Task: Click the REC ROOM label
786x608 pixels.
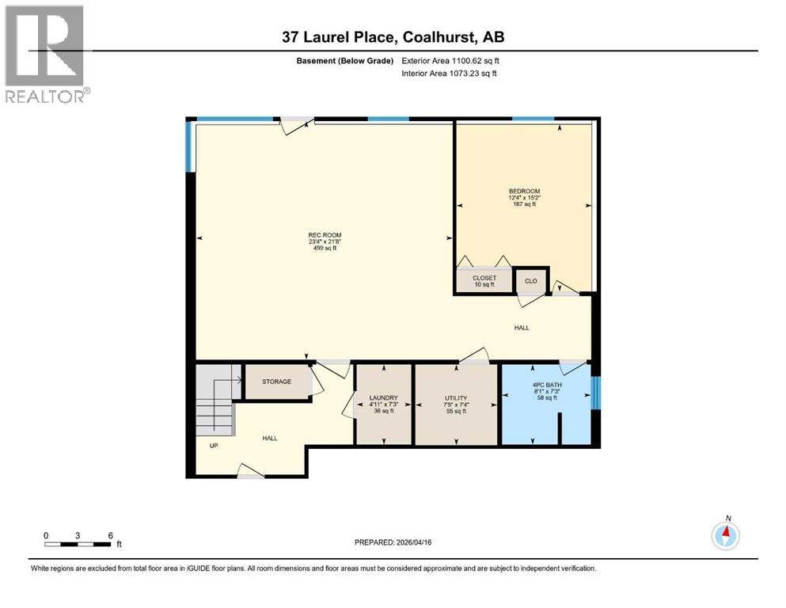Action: coord(325,235)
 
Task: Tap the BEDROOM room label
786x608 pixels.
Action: coord(524,191)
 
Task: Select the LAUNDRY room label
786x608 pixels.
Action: coord(383,398)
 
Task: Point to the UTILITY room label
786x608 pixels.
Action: coord(456,398)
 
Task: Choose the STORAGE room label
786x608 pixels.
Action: coord(277,382)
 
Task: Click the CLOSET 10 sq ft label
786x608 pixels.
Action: coord(484,281)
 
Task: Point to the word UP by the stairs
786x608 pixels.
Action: coord(214,446)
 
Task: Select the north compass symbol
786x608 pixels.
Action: coord(726,535)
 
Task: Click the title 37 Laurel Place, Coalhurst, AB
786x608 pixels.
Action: coord(393,37)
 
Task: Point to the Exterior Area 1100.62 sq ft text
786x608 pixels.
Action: coord(450,61)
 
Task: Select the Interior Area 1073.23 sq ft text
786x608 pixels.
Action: coord(449,73)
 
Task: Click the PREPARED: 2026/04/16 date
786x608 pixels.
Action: coord(393,542)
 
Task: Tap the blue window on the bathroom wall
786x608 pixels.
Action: coord(595,393)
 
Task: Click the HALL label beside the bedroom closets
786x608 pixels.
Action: coord(522,328)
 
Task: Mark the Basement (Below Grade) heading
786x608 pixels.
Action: coord(345,61)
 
